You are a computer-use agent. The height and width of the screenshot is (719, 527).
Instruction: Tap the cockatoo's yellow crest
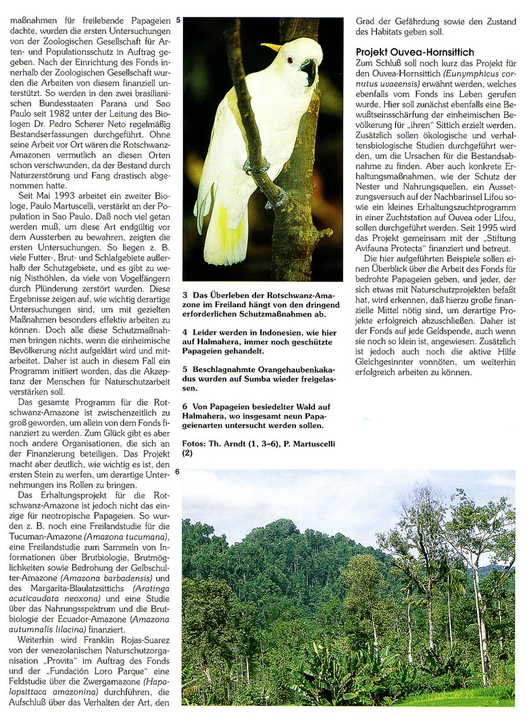coord(272,47)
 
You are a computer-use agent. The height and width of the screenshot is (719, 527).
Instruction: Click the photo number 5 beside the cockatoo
coord(178,20)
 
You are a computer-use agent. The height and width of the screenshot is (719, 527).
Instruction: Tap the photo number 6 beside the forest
coord(178,471)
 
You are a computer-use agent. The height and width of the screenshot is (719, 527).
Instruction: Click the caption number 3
coord(185,295)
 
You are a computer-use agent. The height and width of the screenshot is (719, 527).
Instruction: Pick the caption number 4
coord(185,333)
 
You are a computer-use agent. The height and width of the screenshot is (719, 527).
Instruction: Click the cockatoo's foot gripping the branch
coord(255,165)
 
